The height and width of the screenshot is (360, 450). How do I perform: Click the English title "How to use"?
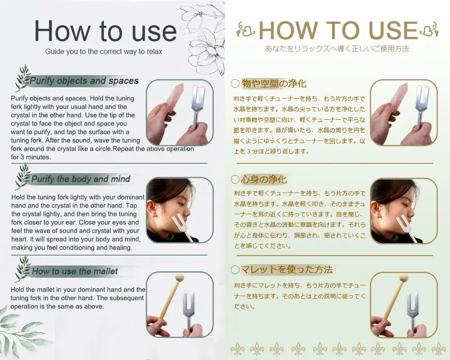pyautogui.click(x=105, y=31)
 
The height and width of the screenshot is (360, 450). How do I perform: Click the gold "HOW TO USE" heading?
pyautogui.click(x=338, y=30)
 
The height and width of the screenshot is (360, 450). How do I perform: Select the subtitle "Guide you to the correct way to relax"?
pyautogui.click(x=103, y=51)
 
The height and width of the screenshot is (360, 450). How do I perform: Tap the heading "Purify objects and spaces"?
pyautogui.click(x=84, y=81)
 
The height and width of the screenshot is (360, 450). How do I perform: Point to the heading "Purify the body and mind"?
pyautogui.click(x=81, y=179)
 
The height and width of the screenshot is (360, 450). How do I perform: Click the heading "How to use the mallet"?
pyautogui.click(x=75, y=271)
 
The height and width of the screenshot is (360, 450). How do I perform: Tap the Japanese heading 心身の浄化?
pyautogui.click(x=264, y=180)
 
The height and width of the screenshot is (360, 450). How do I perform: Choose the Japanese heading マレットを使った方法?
pyautogui.click(x=286, y=270)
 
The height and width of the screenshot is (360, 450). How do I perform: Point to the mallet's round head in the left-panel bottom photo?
pyautogui.click(x=179, y=278)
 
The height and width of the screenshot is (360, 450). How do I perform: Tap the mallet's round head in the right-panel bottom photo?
pyautogui.click(x=404, y=278)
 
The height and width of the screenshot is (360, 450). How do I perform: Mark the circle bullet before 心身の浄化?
pyautogui.click(x=235, y=180)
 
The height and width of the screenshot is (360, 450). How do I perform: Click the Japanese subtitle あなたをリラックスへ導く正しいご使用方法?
pyautogui.click(x=337, y=49)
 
